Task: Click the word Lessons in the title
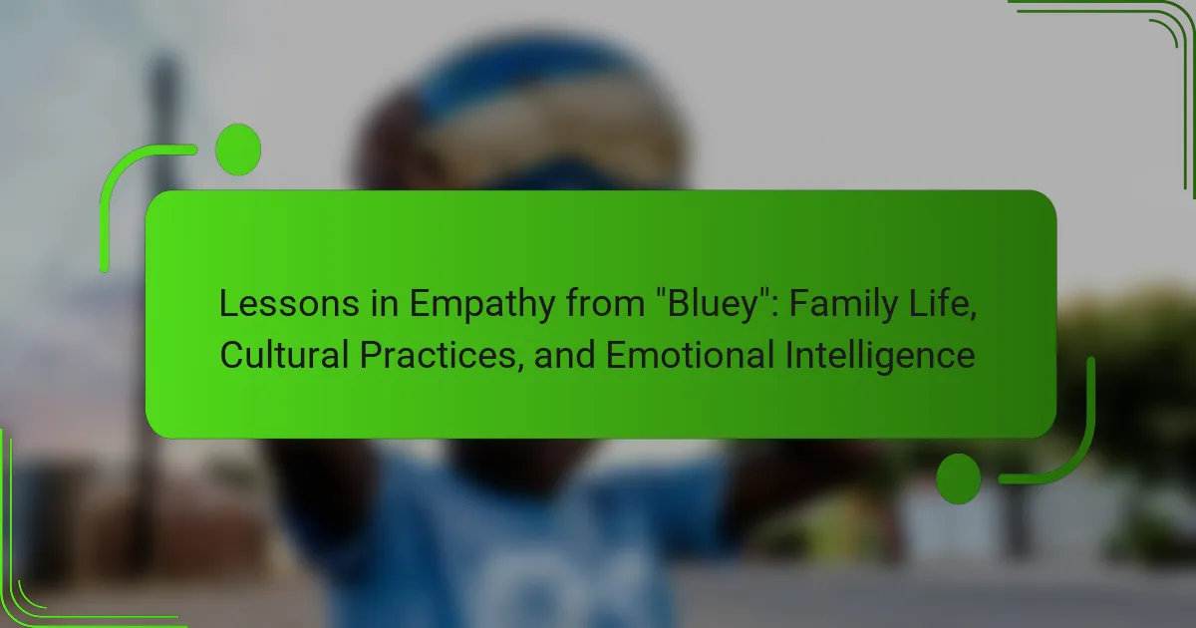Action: (289, 303)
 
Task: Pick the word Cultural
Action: (285, 355)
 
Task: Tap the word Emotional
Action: (690, 355)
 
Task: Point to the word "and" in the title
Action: (565, 355)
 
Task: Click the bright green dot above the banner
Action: (238, 150)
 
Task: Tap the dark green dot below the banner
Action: (959, 479)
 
